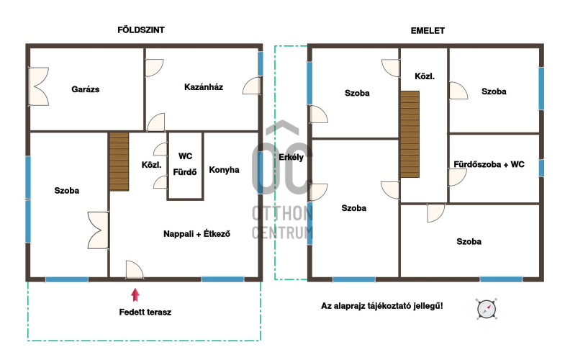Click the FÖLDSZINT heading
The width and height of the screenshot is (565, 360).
click(x=141, y=30)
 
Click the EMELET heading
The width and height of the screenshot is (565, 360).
click(x=428, y=31)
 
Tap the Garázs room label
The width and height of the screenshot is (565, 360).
click(x=86, y=89)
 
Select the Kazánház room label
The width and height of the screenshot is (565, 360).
click(x=204, y=87)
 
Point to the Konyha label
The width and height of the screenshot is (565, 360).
click(x=224, y=170)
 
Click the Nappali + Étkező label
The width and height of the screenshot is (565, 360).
click(x=196, y=234)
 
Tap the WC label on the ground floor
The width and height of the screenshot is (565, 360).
click(x=185, y=156)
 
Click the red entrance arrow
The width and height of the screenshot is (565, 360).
click(x=135, y=294)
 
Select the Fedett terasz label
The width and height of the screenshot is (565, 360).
click(x=145, y=312)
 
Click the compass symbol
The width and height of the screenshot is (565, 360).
click(x=487, y=309)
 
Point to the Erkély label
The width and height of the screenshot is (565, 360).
click(x=291, y=157)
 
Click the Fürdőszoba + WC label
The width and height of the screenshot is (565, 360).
click(x=489, y=164)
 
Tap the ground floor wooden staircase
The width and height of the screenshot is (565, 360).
click(x=119, y=162)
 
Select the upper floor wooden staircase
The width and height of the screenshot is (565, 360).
click(x=410, y=134)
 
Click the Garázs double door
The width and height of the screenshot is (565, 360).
click(x=38, y=86)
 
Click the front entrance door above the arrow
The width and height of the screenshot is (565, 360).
click(x=135, y=270)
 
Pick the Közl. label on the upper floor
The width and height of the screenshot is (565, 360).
click(x=425, y=76)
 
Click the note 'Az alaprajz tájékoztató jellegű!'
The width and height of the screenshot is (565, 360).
click(x=382, y=306)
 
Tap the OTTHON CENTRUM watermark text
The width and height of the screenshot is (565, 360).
click(x=282, y=222)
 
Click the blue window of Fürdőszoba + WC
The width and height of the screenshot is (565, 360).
click(x=541, y=168)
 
